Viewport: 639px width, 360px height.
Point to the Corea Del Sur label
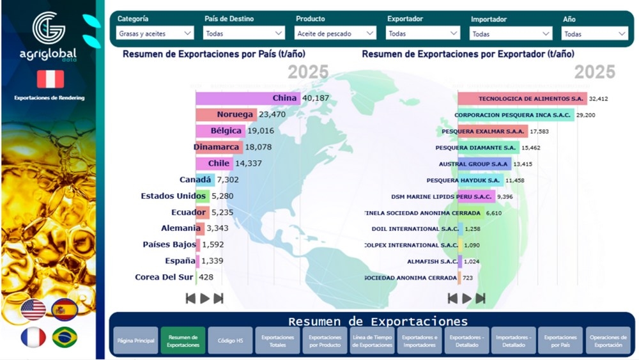click(165, 278)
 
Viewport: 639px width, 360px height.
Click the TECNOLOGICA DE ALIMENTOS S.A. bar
click(522, 98)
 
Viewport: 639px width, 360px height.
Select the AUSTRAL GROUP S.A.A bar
click(484, 164)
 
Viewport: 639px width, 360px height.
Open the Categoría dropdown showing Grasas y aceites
click(155, 33)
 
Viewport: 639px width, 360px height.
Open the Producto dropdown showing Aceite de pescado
click(335, 33)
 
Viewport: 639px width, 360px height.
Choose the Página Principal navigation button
click(135, 341)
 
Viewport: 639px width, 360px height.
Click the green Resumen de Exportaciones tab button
click(183, 341)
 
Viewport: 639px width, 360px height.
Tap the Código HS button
click(230, 341)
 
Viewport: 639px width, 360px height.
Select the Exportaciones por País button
click(560, 341)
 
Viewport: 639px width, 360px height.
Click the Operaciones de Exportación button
click(608, 341)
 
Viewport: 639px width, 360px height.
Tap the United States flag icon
click(33, 310)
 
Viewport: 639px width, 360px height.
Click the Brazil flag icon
click(65, 337)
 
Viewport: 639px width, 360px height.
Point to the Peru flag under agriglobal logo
click(50, 79)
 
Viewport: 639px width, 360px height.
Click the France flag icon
click(33, 337)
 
